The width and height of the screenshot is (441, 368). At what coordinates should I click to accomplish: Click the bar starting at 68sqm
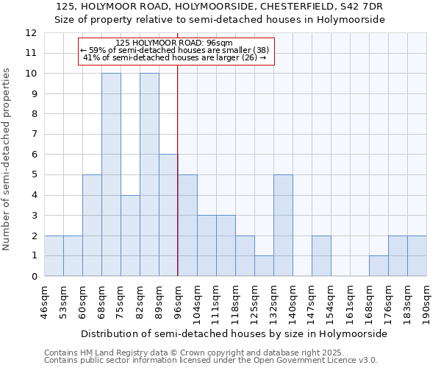[x=111, y=174]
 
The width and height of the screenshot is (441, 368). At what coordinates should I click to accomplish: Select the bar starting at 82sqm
[x=149, y=174]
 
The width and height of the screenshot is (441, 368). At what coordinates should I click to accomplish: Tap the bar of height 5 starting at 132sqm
[x=283, y=225]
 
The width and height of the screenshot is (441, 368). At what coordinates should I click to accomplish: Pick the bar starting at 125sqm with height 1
[x=264, y=266]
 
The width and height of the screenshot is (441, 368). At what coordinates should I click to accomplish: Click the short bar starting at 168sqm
[x=379, y=266]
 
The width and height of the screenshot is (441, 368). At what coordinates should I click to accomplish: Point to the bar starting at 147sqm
[x=321, y=255]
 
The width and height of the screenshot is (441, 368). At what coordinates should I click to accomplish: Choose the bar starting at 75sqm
[x=130, y=236]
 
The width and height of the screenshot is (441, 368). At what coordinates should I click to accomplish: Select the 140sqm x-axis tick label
[x=293, y=301]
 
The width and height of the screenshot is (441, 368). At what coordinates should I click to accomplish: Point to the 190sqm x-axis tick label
[x=426, y=301]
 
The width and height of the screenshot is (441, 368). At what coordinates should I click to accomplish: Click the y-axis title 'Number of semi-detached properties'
[x=7, y=159]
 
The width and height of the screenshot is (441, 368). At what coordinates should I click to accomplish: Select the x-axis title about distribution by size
[x=234, y=333]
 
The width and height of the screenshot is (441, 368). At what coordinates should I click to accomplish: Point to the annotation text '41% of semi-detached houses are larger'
[x=175, y=57]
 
